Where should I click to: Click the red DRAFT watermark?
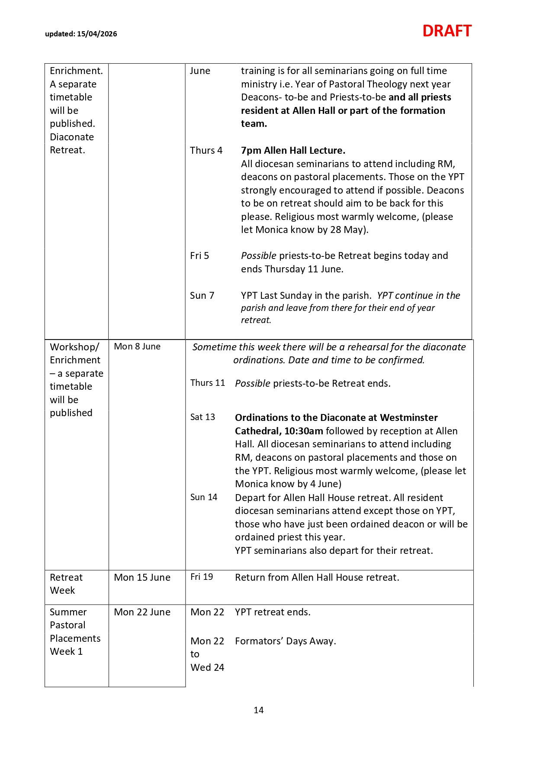click(447, 31)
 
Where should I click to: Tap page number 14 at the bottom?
click(259, 710)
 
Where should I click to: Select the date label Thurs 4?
click(206, 150)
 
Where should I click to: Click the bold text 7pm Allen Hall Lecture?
click(293, 150)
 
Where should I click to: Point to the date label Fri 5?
click(199, 255)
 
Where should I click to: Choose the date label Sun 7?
click(202, 295)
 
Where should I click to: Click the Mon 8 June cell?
click(137, 346)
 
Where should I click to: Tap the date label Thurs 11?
click(208, 383)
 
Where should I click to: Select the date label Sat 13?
click(203, 417)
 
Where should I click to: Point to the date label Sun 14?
click(204, 497)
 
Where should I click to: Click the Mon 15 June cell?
click(142, 577)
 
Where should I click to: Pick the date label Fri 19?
click(202, 577)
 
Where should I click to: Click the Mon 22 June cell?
click(142, 612)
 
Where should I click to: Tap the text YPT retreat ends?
click(273, 612)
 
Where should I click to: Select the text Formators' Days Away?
click(286, 641)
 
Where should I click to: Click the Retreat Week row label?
click(66, 584)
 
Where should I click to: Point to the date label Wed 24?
click(207, 667)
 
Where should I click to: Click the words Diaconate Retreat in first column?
click(71, 143)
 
